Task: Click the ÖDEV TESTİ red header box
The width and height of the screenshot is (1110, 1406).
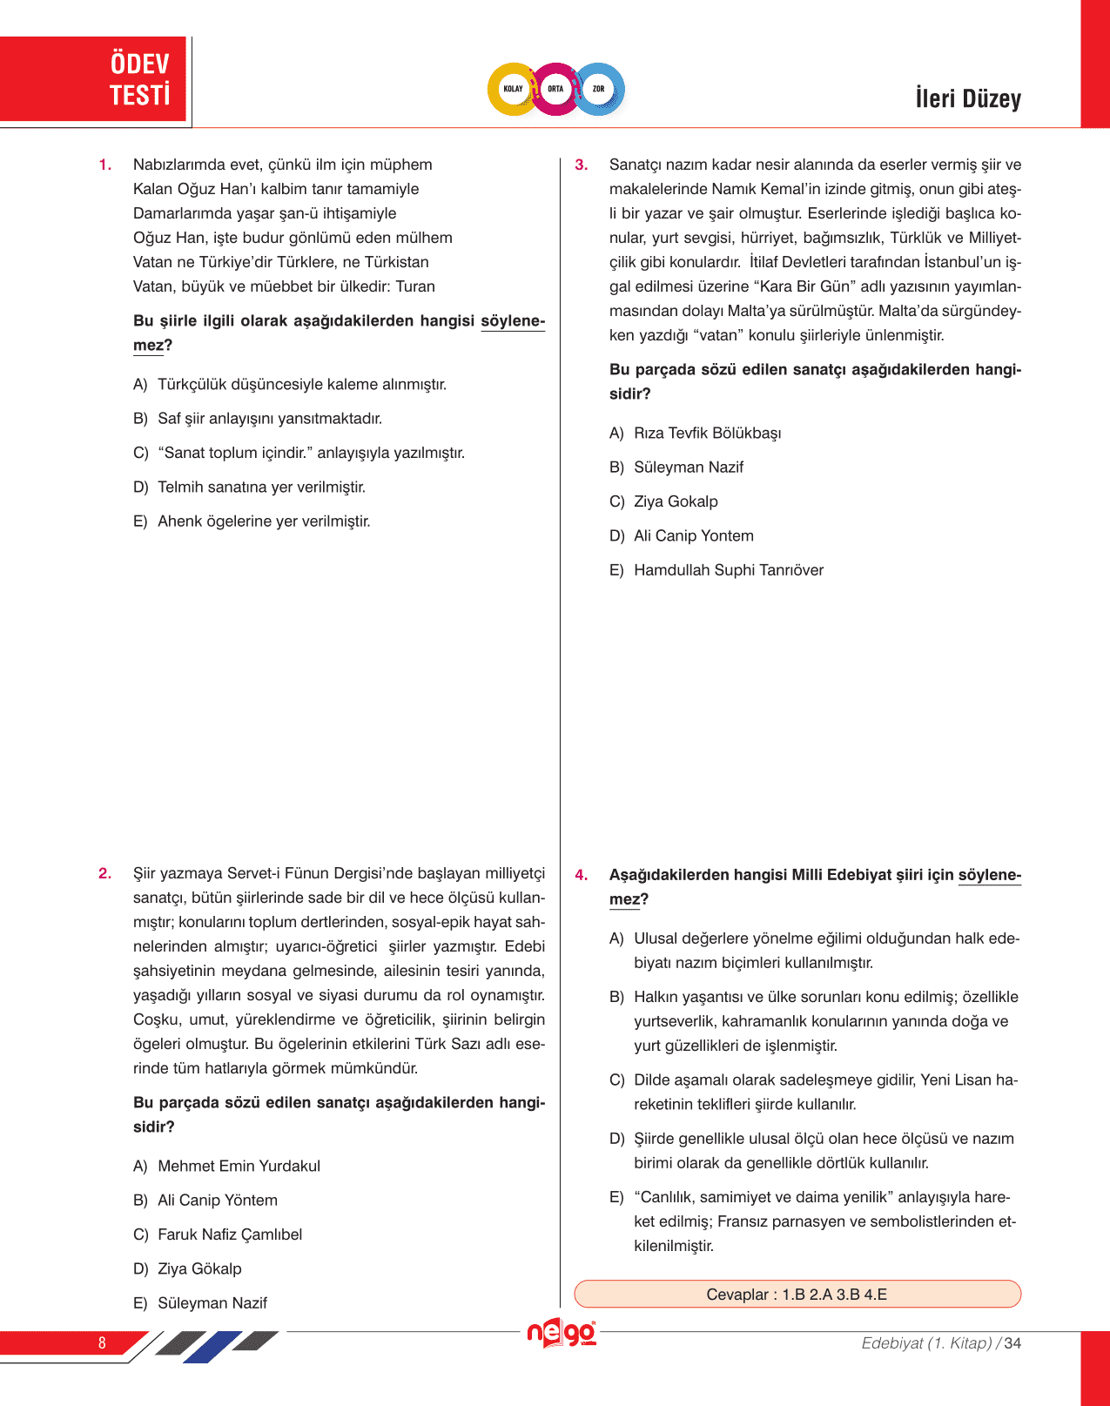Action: click(94, 79)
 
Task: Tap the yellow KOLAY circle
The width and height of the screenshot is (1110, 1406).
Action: click(514, 89)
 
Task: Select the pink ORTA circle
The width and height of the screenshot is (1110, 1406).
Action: click(555, 89)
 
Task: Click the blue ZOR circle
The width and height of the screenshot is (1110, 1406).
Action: click(599, 89)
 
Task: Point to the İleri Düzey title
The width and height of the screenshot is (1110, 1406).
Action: click(967, 98)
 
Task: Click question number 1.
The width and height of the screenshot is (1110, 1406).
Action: click(105, 165)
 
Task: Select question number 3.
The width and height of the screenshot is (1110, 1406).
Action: click(582, 165)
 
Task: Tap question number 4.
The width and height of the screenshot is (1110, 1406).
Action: click(582, 875)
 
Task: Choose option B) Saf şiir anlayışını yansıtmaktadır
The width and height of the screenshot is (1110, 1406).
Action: click(269, 419)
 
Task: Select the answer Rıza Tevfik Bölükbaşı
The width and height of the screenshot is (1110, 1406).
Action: click(707, 434)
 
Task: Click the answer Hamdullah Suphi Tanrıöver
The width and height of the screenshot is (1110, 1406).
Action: click(728, 570)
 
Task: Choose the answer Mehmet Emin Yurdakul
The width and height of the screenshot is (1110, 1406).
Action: click(239, 1167)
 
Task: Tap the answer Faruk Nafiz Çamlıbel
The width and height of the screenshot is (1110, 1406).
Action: click(230, 1234)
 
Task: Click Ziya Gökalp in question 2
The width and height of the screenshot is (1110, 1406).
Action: click(199, 1269)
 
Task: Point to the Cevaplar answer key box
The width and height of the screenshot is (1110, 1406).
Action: click(797, 1295)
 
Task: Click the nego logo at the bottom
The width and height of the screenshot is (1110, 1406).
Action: click(562, 1334)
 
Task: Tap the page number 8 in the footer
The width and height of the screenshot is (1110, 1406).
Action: click(102, 1343)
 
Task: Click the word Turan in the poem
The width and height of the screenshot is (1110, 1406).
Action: click(415, 287)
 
